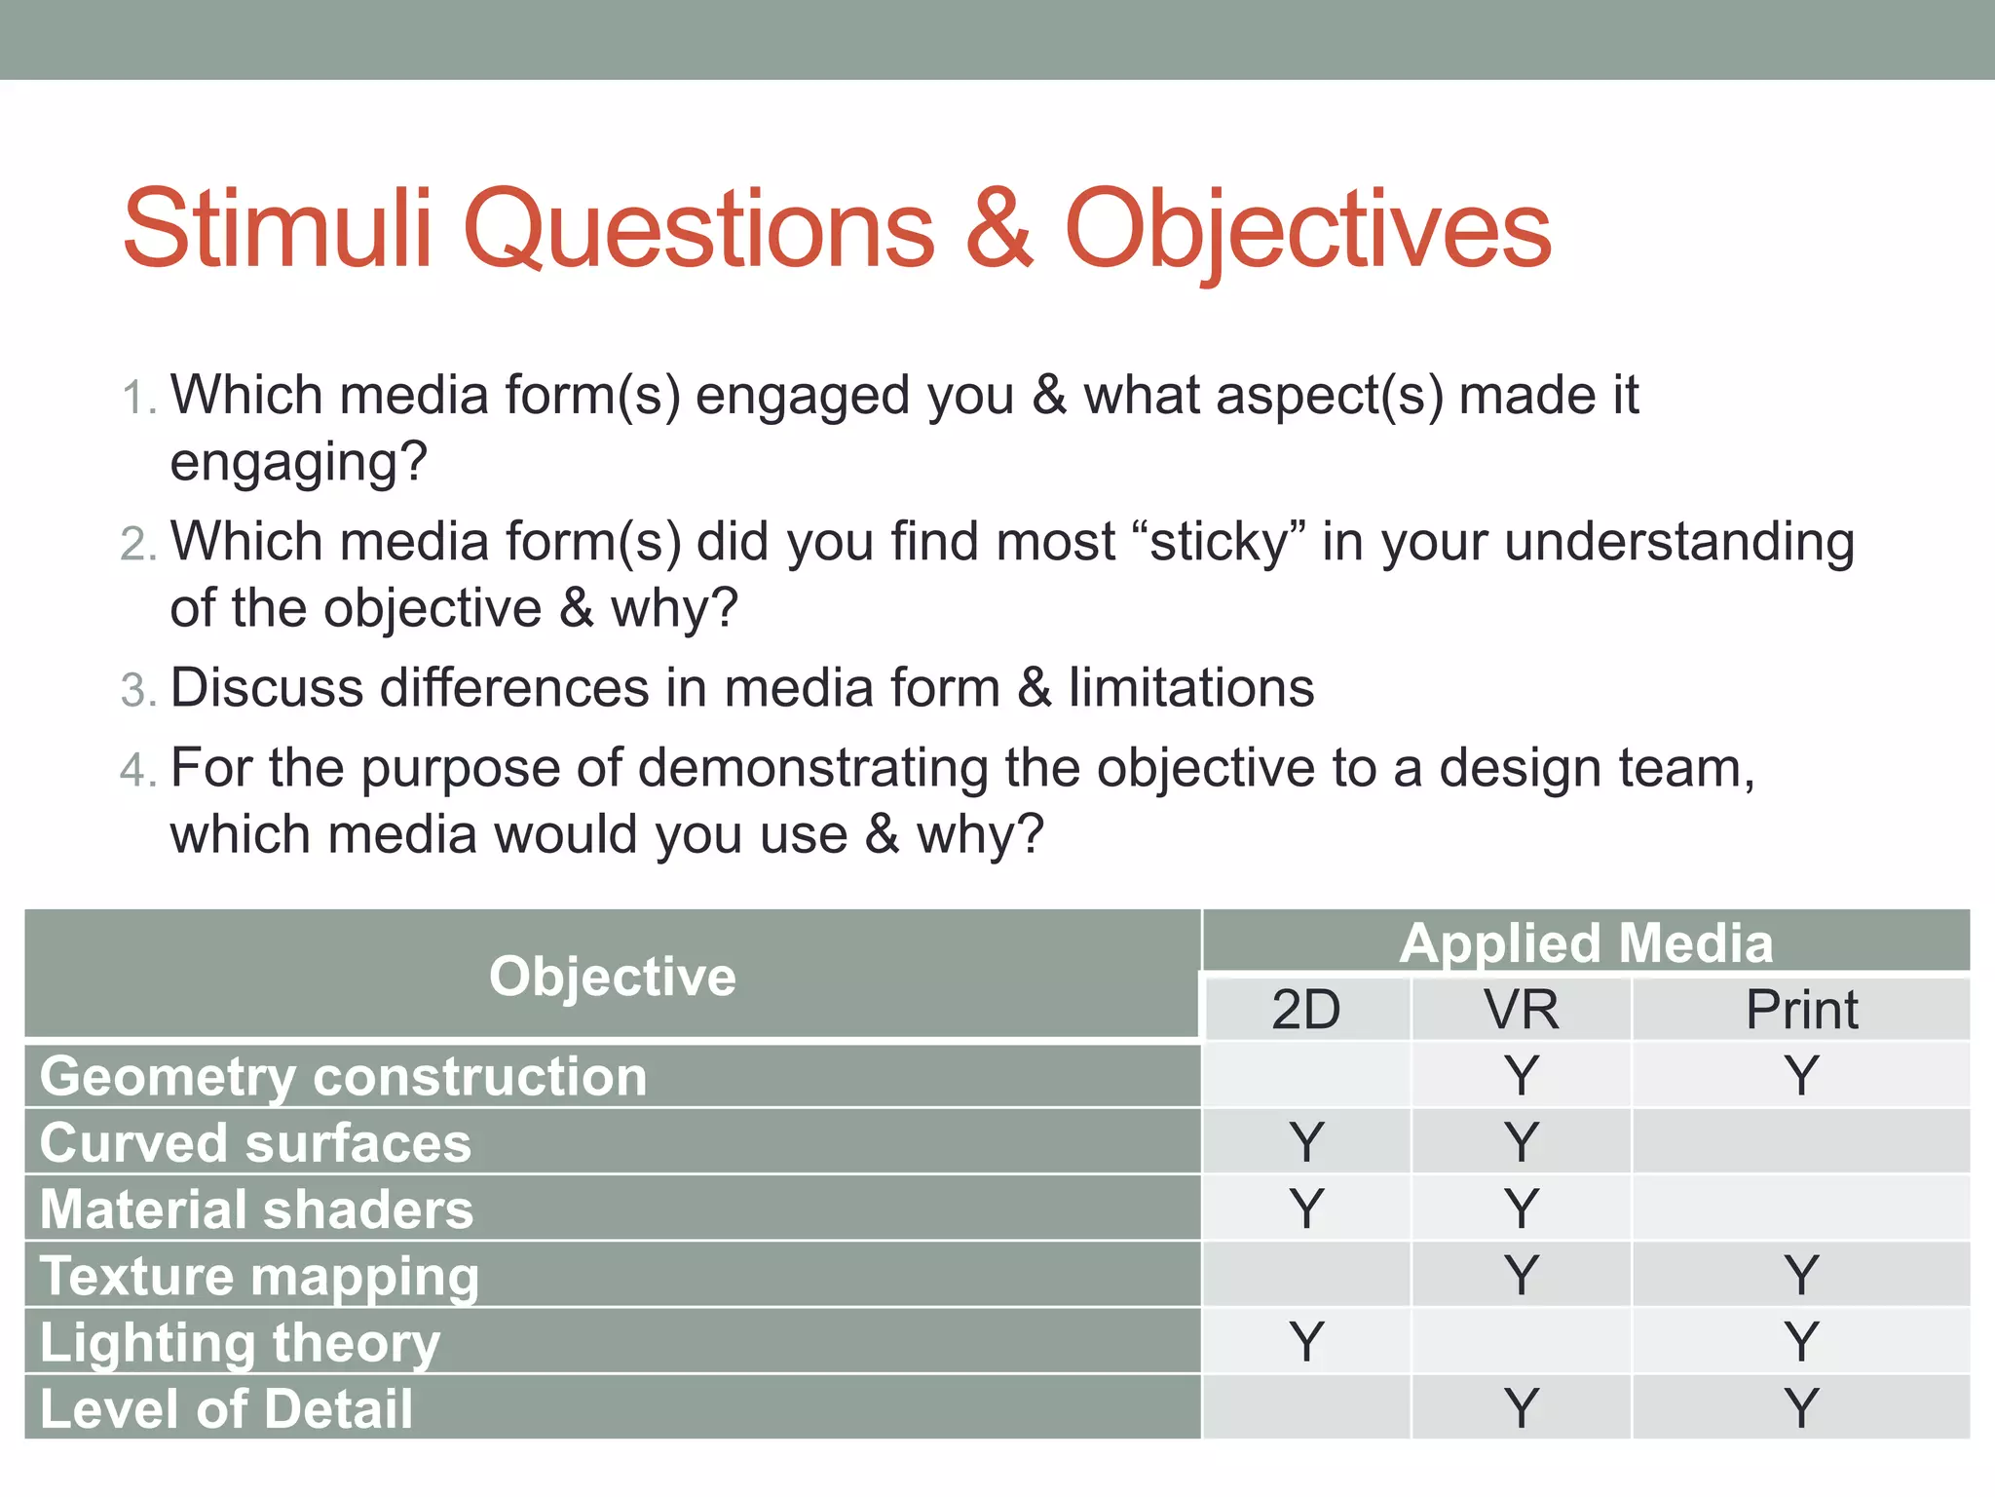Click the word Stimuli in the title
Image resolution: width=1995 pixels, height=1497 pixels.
click(x=277, y=230)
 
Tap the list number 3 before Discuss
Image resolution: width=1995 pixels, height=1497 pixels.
click(x=137, y=690)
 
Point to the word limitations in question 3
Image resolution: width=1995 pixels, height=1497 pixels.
click(x=1190, y=688)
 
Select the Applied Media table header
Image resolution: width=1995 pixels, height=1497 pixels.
click(x=1586, y=942)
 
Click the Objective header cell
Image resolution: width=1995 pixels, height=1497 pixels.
click(x=612, y=976)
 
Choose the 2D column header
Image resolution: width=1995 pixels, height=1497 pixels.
click(x=1305, y=1009)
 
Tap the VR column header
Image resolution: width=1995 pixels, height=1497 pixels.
click(x=1521, y=1009)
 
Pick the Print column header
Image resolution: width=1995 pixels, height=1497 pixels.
click(x=1801, y=1009)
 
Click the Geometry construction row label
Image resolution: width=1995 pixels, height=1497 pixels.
click(x=343, y=1077)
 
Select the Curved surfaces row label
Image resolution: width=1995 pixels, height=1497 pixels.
click(x=255, y=1143)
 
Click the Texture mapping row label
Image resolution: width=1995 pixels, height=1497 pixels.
click(x=259, y=1277)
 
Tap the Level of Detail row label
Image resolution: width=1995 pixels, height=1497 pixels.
click(x=226, y=1409)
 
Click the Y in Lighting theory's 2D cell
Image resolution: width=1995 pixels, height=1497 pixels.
click(x=1306, y=1342)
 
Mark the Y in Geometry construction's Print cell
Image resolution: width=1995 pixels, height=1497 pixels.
click(x=1801, y=1076)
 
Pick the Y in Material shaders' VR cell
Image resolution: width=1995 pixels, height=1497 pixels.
click(x=1521, y=1209)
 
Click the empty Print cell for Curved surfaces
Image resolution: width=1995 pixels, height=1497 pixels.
click(x=1801, y=1142)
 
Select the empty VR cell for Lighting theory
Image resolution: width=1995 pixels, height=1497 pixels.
click(x=1521, y=1342)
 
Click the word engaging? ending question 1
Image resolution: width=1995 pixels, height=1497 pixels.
click(x=298, y=462)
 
